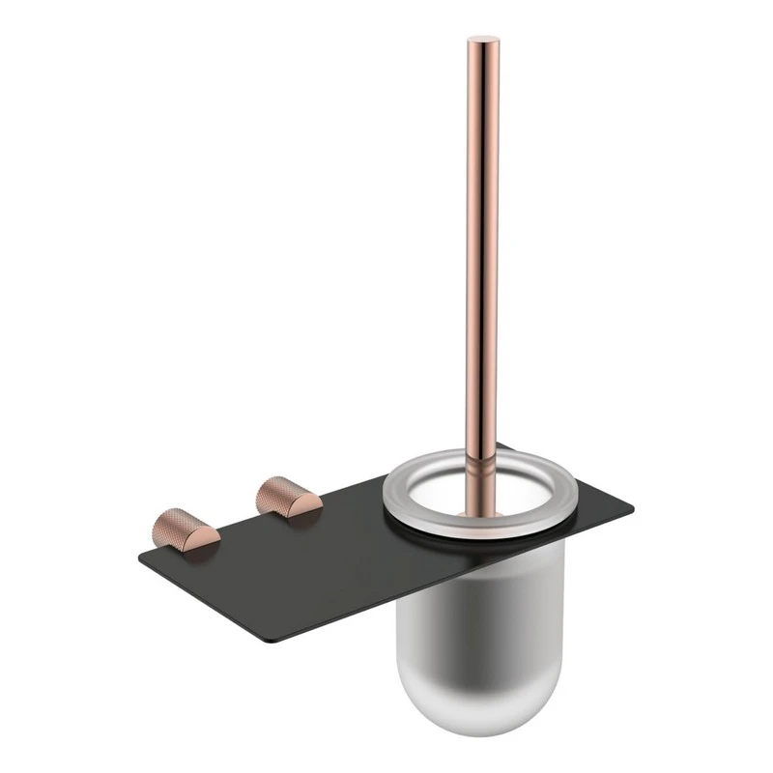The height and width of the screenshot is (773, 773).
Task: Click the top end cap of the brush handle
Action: coord(481,43)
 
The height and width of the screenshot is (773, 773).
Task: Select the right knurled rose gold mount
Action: coord(287,499)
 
